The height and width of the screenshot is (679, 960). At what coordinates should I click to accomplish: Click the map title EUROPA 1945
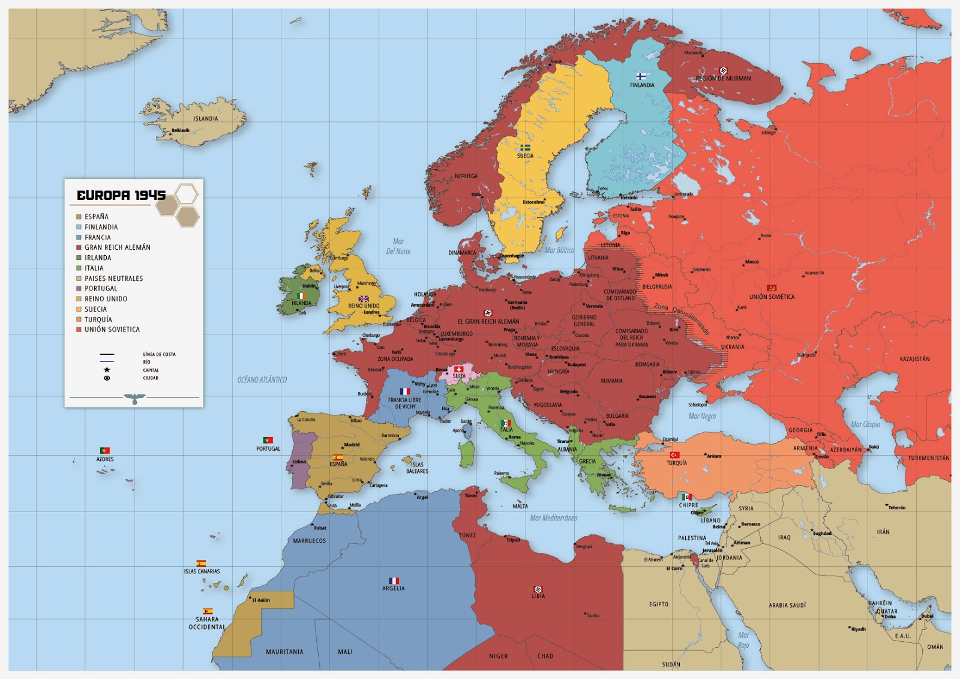(121, 195)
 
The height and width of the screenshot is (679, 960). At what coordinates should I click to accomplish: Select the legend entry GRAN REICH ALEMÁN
(117, 247)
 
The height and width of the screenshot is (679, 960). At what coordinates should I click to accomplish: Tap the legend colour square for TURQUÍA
(79, 319)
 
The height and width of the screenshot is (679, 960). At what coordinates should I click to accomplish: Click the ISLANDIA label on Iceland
(205, 119)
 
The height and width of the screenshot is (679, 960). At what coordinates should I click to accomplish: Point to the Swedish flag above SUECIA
(525, 147)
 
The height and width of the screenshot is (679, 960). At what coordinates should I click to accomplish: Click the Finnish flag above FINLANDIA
(641, 76)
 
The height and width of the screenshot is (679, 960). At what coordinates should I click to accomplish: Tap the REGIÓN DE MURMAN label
(723, 79)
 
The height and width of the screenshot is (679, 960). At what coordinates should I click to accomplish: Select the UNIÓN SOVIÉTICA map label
(772, 297)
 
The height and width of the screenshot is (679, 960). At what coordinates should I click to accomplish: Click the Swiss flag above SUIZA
(458, 369)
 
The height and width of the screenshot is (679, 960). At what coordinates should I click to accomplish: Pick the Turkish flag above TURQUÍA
(674, 455)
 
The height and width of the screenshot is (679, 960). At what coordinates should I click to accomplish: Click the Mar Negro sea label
(702, 416)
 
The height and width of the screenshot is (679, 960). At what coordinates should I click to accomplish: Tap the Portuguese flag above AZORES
(104, 450)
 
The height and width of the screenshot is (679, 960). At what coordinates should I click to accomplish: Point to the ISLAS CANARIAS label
(202, 572)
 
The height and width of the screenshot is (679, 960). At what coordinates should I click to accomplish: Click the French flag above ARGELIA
(394, 581)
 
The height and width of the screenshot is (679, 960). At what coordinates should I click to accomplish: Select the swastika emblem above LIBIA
(538, 589)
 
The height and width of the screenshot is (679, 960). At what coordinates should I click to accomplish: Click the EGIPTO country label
(658, 605)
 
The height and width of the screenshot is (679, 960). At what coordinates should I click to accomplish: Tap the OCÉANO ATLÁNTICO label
(262, 380)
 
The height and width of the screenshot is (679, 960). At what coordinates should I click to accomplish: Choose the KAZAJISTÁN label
(914, 359)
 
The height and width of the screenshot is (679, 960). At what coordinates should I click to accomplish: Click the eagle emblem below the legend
(134, 399)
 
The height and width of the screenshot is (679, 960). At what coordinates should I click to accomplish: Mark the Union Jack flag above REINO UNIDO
(364, 298)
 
